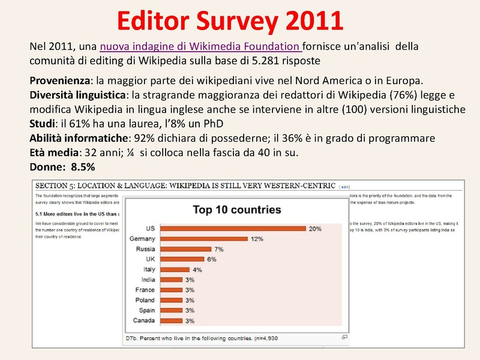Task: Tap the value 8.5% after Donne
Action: [x=83, y=166]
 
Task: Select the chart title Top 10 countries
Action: [x=236, y=209]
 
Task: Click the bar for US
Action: [x=232, y=229]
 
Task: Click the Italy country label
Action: [x=149, y=269]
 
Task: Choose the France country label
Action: [x=145, y=290]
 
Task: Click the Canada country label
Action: [x=144, y=320]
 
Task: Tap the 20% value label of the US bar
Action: [x=316, y=229]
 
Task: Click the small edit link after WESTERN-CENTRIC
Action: [x=346, y=187]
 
